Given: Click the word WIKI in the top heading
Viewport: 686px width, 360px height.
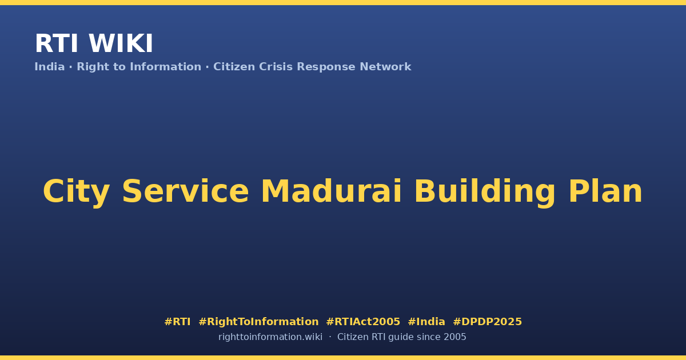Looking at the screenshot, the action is click(x=121, y=44).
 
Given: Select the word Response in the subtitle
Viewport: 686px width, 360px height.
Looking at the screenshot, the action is click(x=326, y=67).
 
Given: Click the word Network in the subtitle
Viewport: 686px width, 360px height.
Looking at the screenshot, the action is click(x=385, y=67).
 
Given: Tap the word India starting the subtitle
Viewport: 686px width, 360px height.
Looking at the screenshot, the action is click(x=50, y=67).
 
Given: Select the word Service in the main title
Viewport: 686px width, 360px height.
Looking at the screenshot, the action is click(x=185, y=191).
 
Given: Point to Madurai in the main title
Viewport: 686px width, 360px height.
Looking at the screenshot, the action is click(x=331, y=191).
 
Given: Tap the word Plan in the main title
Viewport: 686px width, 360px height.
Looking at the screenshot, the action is click(x=605, y=191).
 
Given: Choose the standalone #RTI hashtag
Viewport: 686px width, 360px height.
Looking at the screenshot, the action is click(x=177, y=322).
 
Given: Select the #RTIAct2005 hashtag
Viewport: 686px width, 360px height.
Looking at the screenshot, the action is click(x=363, y=322).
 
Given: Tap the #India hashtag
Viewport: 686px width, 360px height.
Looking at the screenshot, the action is click(x=426, y=322).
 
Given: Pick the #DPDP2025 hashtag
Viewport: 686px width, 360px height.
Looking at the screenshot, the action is click(x=487, y=322).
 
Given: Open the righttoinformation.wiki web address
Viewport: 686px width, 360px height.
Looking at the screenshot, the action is click(x=270, y=337).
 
